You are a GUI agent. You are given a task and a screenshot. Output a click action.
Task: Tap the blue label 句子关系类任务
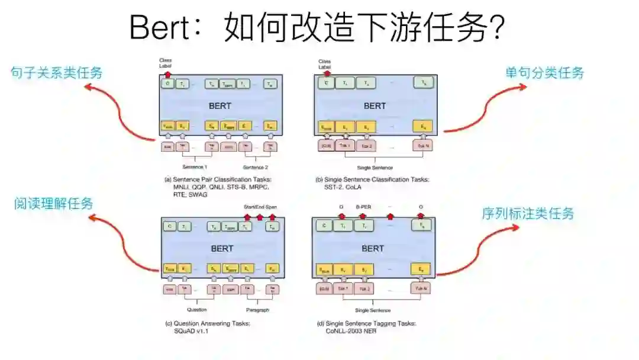(57, 73)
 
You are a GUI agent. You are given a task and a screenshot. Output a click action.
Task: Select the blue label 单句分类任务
(544, 73)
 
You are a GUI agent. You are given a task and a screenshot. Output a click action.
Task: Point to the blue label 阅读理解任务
(54, 204)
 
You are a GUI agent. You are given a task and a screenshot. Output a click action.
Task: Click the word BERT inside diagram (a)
(221, 106)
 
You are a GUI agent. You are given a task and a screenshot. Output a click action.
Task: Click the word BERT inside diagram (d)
(373, 249)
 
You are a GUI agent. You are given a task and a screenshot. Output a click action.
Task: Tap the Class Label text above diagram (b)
(324, 64)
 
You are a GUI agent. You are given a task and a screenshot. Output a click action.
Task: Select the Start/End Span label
(260, 207)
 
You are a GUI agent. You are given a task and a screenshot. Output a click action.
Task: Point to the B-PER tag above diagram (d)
(363, 207)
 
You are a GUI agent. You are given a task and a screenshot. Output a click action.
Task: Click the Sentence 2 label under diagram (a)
(256, 167)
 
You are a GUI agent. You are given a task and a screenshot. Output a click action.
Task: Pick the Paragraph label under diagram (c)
(257, 310)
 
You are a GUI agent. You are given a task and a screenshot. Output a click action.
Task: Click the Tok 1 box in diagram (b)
(344, 146)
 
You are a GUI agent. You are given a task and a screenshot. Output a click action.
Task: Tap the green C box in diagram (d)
(324, 226)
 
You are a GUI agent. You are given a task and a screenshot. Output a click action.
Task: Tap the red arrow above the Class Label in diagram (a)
(167, 75)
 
